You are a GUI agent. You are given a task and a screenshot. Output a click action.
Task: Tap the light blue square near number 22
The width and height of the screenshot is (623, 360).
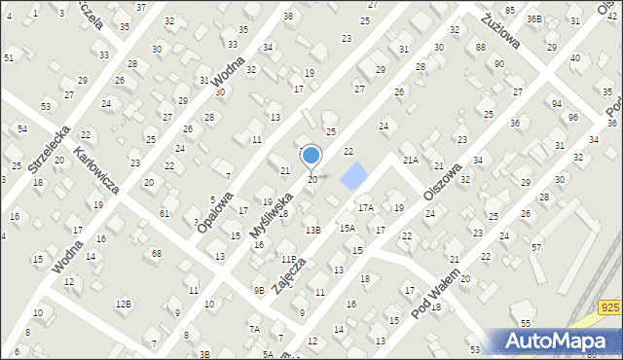[355, 175]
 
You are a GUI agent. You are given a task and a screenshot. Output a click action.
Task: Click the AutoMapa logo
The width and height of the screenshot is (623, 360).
[559, 341]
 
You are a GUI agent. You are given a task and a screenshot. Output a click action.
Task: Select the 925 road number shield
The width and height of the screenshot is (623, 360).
[610, 308]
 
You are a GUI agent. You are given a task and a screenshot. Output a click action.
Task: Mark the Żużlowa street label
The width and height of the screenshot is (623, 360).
[501, 31]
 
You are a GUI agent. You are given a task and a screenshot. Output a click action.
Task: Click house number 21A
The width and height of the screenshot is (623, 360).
[411, 160]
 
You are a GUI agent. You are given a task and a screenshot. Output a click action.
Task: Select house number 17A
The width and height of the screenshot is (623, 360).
[365, 207]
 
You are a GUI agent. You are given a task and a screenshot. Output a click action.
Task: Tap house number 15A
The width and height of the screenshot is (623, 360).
[347, 228]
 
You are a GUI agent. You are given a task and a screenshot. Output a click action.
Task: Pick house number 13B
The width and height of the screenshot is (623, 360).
[312, 231]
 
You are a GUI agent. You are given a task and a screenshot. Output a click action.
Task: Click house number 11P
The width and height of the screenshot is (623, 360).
[288, 260]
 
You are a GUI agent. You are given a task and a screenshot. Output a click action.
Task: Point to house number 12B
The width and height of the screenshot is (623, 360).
[123, 305]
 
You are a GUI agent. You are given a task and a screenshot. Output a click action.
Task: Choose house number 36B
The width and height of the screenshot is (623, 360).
[533, 18]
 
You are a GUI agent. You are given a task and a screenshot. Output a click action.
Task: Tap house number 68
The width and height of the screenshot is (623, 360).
[156, 254]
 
